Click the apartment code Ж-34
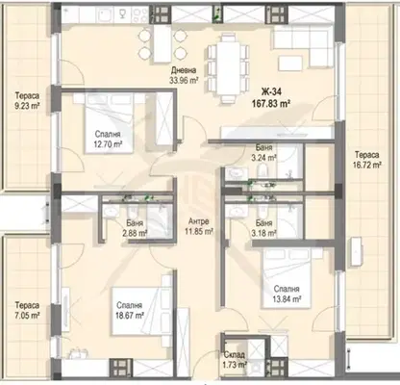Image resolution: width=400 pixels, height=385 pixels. click(271, 92)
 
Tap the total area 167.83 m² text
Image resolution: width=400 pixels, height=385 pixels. click(271, 103)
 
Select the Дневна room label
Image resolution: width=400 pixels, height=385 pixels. click(184, 70)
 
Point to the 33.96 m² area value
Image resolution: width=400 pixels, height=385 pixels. click(184, 80)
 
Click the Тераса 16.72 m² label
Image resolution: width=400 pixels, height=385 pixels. click(367, 160)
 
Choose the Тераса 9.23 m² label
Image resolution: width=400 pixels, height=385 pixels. click(27, 100)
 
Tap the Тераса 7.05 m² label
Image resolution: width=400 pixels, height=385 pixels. click(27, 310)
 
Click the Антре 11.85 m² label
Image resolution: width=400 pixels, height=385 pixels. click(199, 226)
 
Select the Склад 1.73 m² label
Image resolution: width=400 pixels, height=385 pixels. click(235, 360)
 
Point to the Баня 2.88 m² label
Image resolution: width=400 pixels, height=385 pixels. click(135, 228)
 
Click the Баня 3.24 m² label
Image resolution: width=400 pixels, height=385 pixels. click(264, 152)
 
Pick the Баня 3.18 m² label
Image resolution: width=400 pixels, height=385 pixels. click(264, 228)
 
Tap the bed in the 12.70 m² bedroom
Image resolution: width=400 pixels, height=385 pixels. click(109, 123)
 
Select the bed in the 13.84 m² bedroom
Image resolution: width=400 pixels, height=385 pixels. click(287, 278)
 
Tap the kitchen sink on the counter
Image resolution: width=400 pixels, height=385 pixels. click(105, 14)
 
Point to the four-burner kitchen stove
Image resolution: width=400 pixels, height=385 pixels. click(140, 14)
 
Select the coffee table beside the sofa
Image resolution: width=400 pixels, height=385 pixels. click(290, 64)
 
